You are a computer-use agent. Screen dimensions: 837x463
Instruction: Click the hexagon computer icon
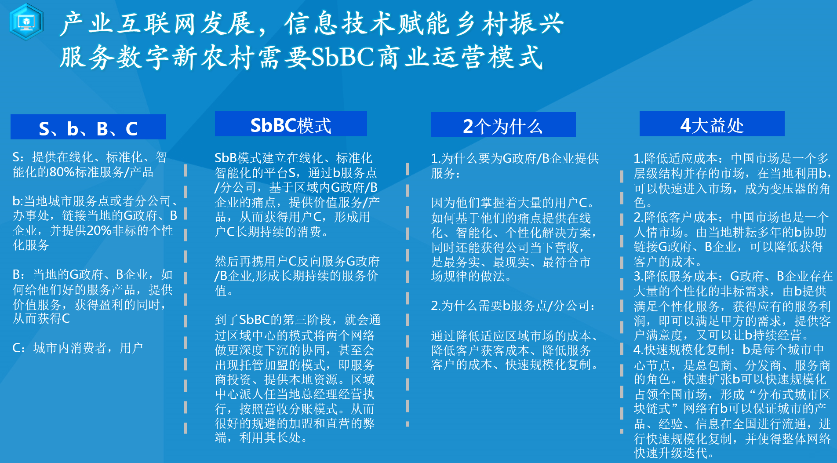(26, 22)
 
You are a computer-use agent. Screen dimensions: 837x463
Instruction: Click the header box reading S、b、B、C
(88, 127)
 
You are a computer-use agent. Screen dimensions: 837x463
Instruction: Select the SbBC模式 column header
(291, 124)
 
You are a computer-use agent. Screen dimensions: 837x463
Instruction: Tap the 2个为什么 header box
(503, 125)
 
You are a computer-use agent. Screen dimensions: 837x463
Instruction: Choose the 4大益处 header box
(712, 124)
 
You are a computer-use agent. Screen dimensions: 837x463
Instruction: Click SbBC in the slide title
(343, 57)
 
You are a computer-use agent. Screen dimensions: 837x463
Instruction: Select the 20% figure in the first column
(99, 230)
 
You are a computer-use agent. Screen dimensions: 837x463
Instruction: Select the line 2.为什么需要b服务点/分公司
(513, 305)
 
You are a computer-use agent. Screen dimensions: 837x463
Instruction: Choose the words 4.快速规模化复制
(682, 350)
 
